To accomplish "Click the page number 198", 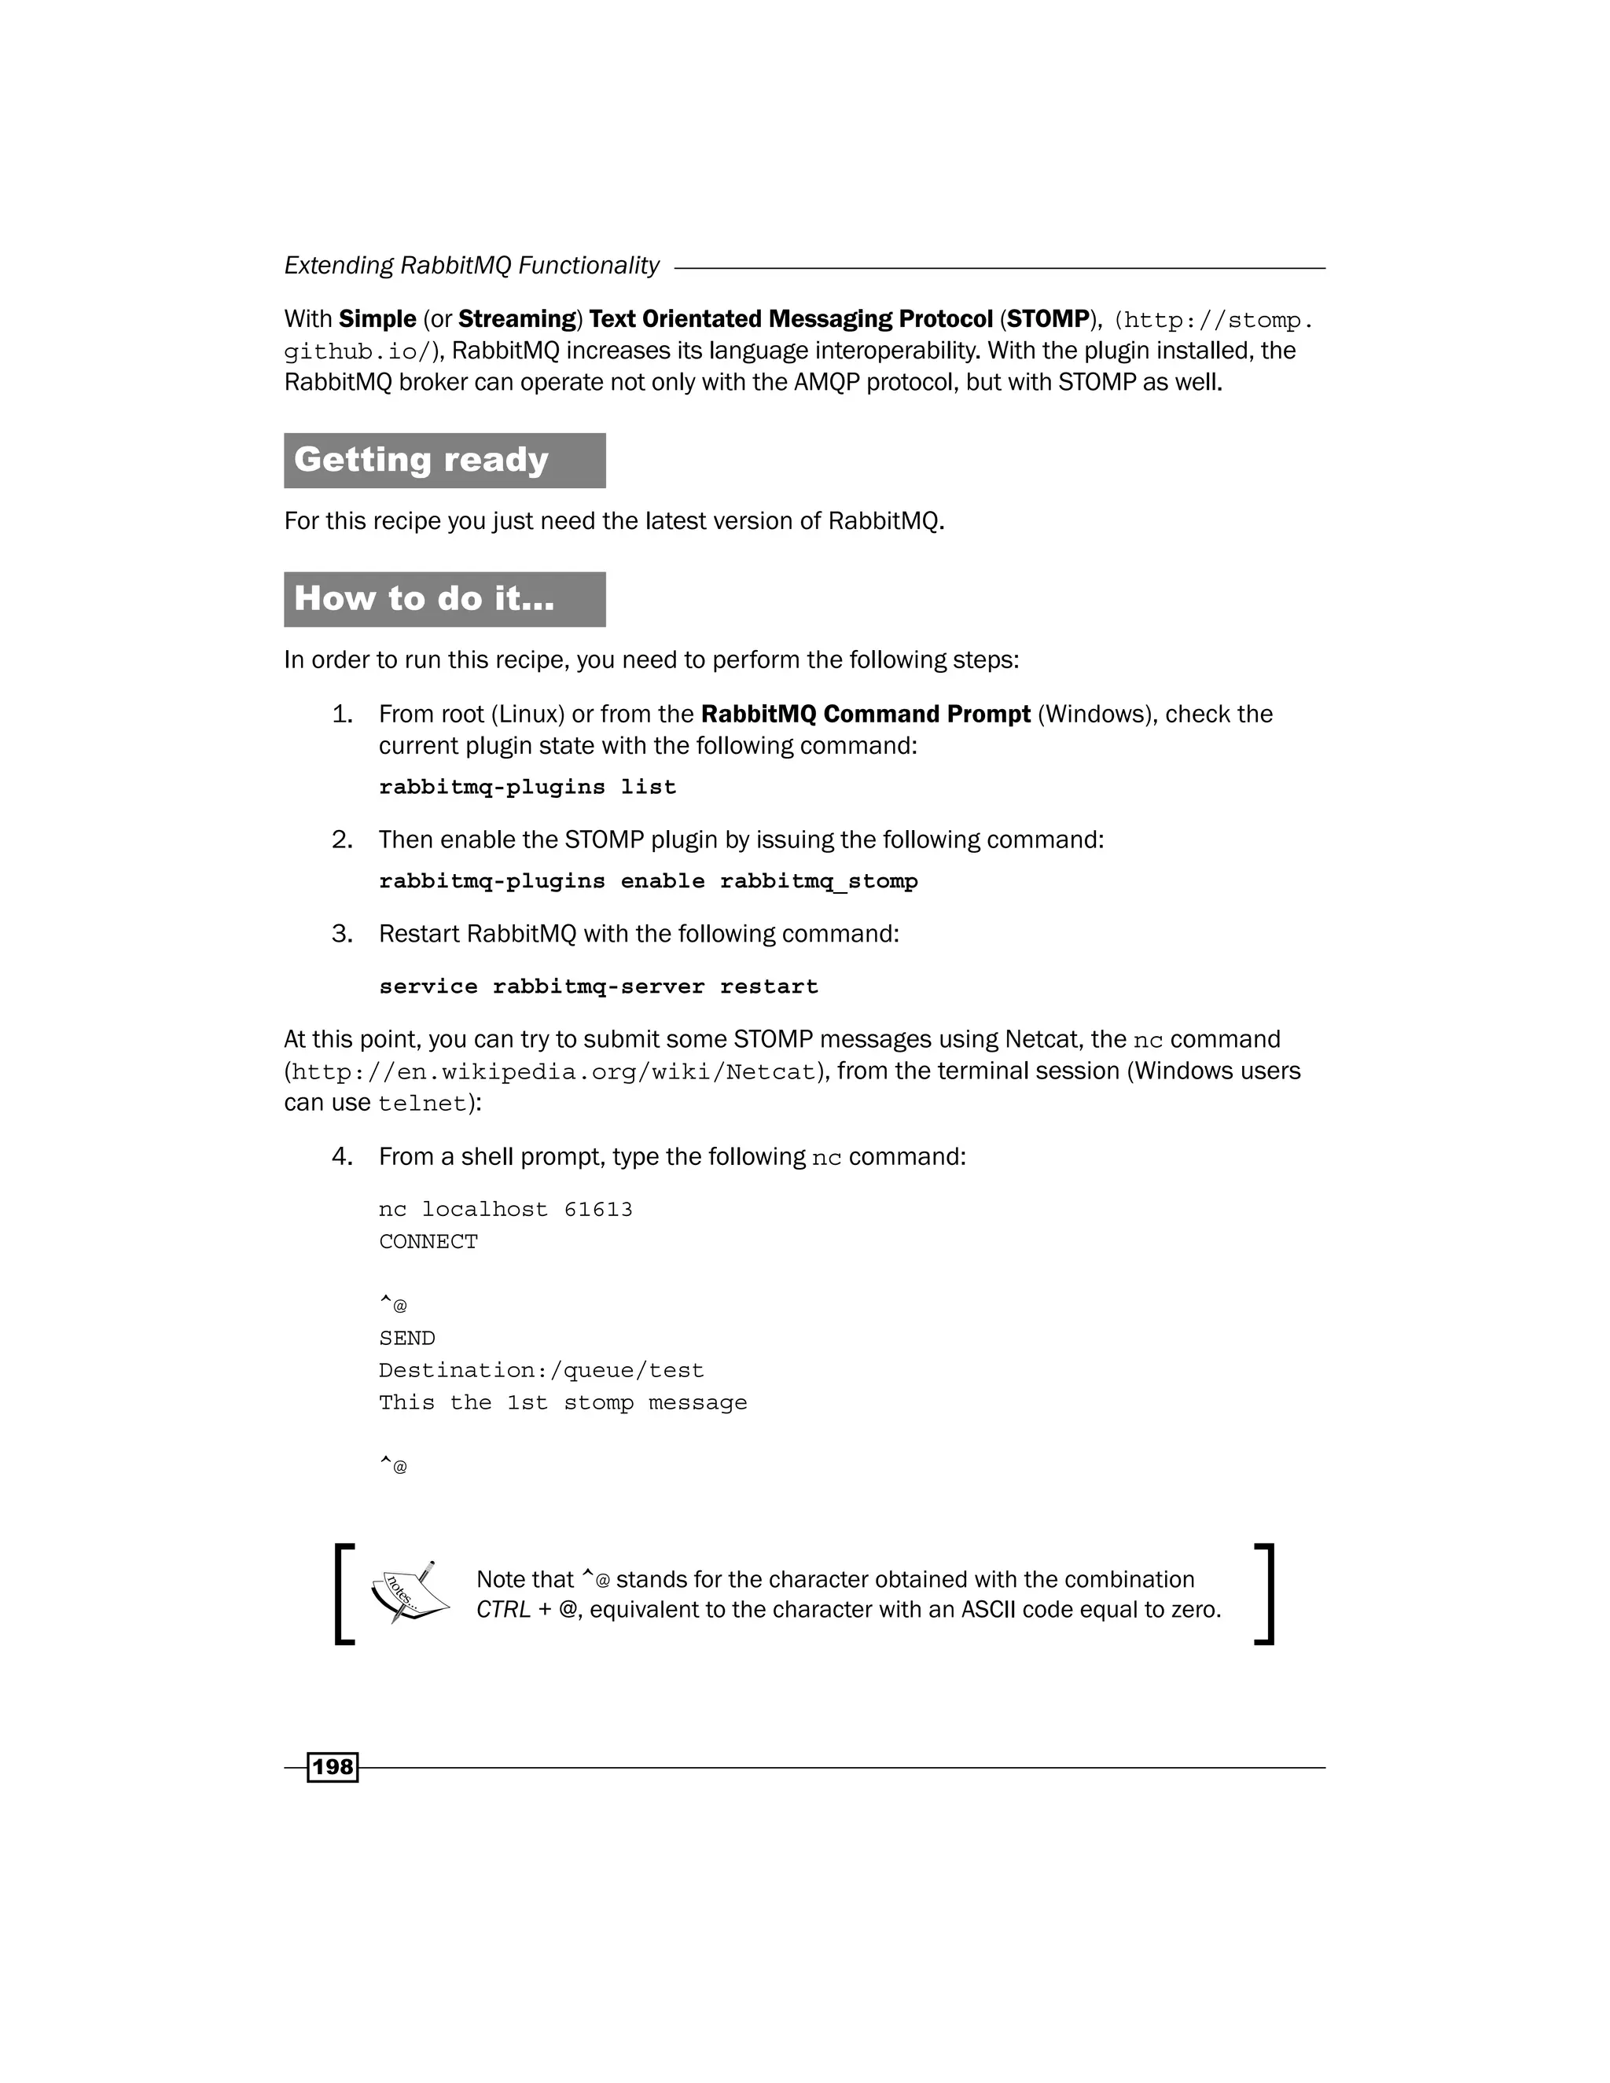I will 332,1766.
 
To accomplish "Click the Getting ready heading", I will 421,460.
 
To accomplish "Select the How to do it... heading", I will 424,598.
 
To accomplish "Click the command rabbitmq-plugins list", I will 527,787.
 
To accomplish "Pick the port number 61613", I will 598,1210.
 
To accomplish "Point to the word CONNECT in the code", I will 428,1242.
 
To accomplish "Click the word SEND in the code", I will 406,1338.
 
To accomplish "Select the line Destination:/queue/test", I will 541,1371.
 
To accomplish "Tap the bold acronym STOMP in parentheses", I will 1047,318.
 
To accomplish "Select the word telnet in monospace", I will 421,1104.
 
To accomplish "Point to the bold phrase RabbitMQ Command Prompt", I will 865,715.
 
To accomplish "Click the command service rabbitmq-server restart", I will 598,986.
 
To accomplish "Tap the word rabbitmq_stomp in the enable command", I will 818,881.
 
